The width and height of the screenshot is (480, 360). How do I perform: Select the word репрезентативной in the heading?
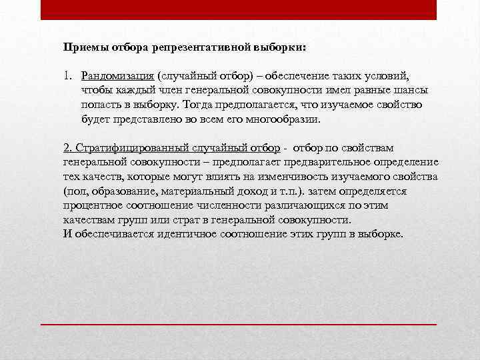[x=198, y=48]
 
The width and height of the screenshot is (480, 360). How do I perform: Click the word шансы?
[x=409, y=90]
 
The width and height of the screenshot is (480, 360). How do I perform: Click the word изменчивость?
[x=297, y=176]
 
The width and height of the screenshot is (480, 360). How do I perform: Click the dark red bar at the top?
[x=239, y=9]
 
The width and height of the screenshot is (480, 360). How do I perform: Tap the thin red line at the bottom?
[x=239, y=323]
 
